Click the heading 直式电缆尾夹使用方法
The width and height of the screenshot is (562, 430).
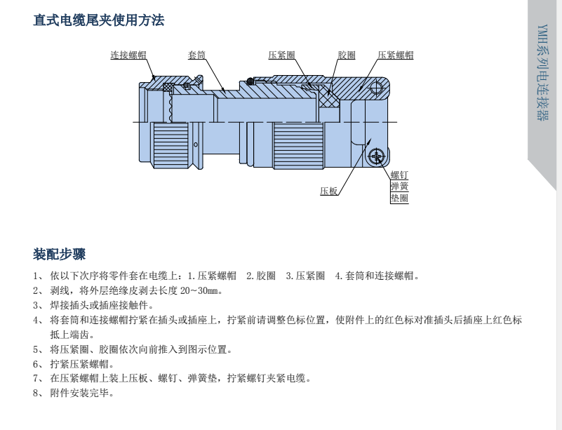pos(98,20)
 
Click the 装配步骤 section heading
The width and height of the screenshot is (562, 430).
pos(59,254)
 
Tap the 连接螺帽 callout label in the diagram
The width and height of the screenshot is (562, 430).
pos(128,55)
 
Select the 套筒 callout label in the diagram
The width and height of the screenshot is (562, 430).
pos(196,55)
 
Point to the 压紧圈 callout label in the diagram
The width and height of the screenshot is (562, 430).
pos(282,55)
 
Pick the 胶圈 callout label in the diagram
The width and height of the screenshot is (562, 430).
pos(347,55)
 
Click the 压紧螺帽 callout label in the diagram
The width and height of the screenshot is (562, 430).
pos(395,55)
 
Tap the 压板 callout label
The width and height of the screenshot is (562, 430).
pos(329,191)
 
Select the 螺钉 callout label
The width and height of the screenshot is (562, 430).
pos(399,175)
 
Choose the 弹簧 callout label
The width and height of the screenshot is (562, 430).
pos(399,187)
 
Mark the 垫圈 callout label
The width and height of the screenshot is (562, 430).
pos(399,198)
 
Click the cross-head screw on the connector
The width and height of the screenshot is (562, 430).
pos(376,156)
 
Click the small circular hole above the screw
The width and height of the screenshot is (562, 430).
pos(376,88)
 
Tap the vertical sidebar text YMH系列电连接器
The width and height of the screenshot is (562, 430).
pos(542,72)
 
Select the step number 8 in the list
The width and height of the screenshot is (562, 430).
pos(36,393)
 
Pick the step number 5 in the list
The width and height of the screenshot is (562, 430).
pos(36,349)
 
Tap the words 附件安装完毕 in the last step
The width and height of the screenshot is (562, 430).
pos(79,393)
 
